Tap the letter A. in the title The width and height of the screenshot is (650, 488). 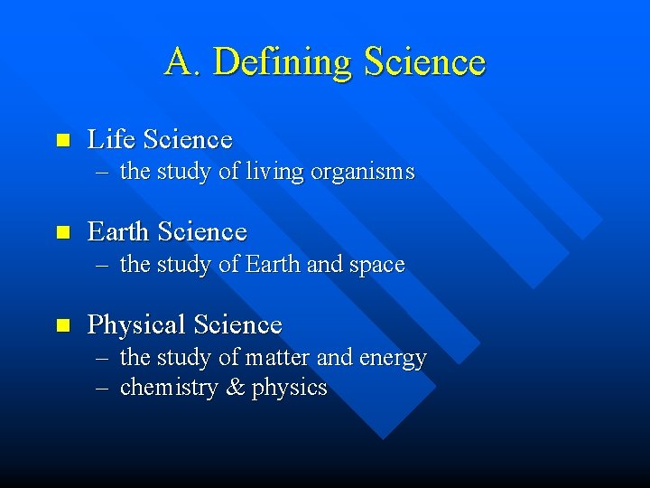click(x=183, y=62)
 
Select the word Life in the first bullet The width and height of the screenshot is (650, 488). click(x=110, y=139)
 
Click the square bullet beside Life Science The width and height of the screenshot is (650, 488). click(x=62, y=140)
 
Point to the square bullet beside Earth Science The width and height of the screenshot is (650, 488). click(x=62, y=232)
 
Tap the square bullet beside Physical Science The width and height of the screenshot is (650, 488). click(x=62, y=324)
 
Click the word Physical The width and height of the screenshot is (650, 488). click(x=136, y=324)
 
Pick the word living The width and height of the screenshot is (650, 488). click(x=274, y=172)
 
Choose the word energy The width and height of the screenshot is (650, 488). click(x=393, y=359)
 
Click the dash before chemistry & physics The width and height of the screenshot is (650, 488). click(x=102, y=389)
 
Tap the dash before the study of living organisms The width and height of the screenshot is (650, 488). click(x=102, y=173)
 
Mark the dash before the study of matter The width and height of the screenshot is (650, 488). click(x=102, y=359)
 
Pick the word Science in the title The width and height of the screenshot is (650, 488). click(x=424, y=62)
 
